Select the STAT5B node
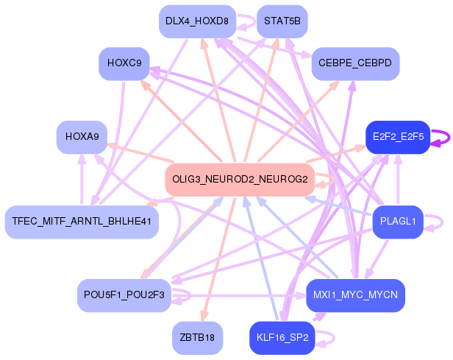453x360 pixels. click(282, 21)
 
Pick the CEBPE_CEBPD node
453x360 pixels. click(355, 64)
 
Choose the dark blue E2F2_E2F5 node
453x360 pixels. click(398, 138)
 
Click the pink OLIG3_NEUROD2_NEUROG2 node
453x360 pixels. click(240, 180)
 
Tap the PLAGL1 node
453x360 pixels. click(398, 222)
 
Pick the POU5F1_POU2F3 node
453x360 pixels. click(124, 295)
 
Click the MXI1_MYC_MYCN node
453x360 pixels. click(355, 295)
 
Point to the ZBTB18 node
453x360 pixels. click(197, 338)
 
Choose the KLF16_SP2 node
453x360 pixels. click(282, 338)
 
